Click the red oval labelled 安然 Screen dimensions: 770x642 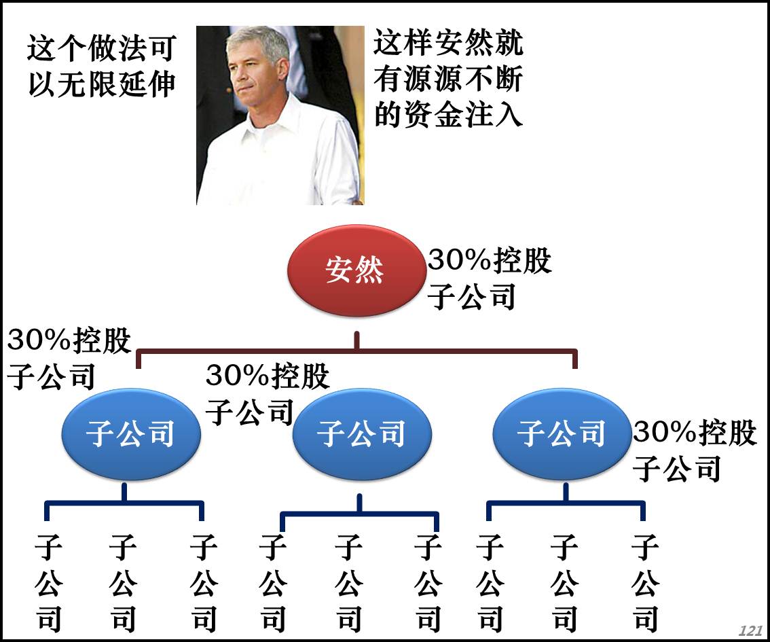355,270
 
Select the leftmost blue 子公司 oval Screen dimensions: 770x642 130,433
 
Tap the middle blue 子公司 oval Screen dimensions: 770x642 361,433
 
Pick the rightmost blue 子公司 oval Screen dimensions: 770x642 561,433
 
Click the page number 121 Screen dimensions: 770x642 750,631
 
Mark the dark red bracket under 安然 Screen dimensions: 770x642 357,351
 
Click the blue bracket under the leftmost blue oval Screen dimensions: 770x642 124,503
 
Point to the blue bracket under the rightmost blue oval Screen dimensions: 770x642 566,503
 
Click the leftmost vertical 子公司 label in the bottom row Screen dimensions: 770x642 49,584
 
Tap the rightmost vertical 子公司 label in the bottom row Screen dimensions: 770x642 646,584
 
